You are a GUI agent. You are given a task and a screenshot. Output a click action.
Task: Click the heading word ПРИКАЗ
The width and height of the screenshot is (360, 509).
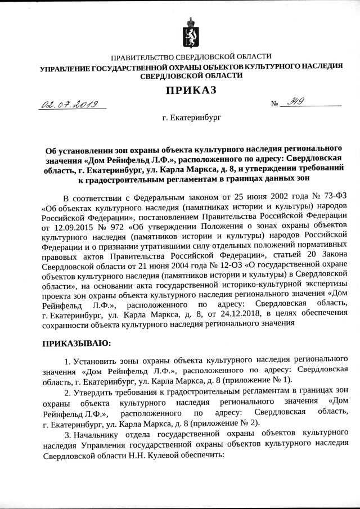click(191, 91)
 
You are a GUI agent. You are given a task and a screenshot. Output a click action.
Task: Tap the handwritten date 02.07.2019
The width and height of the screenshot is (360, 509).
click(70, 105)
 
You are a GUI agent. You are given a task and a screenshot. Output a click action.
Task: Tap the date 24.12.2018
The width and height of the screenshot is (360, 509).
click(237, 313)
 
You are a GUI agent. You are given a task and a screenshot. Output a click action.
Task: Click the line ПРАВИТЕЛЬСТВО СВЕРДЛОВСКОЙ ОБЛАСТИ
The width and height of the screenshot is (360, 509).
click(191, 57)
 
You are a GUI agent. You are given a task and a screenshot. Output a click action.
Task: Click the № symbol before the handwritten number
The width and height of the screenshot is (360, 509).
click(275, 105)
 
